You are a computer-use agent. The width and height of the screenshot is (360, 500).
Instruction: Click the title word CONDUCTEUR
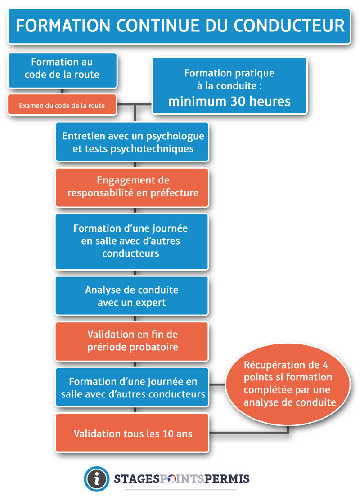(289, 26)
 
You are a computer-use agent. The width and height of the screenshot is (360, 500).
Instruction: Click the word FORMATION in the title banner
(63, 26)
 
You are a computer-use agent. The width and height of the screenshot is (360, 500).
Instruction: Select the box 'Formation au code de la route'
(63, 71)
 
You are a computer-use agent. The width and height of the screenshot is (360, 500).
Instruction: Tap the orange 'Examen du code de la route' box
(62, 105)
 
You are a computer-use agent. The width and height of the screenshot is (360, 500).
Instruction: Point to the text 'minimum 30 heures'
(229, 102)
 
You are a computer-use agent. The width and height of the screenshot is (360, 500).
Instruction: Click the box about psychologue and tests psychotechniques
(132, 142)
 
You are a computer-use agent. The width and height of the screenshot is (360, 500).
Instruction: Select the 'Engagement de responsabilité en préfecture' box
(132, 188)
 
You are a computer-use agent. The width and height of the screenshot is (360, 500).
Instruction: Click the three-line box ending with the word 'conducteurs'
(132, 242)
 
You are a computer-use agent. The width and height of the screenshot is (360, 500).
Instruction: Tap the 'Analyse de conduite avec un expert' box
(132, 296)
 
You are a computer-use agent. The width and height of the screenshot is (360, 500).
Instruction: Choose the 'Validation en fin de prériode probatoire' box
(132, 342)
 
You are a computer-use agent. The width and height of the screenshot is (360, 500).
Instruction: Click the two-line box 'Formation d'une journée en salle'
(132, 388)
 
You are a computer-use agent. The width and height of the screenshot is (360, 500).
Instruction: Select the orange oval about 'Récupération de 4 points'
(288, 384)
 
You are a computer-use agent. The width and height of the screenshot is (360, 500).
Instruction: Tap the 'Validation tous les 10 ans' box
(132, 433)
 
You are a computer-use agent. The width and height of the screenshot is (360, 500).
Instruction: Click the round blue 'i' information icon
(96, 478)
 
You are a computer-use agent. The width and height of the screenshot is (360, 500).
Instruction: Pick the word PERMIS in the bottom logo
(227, 478)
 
